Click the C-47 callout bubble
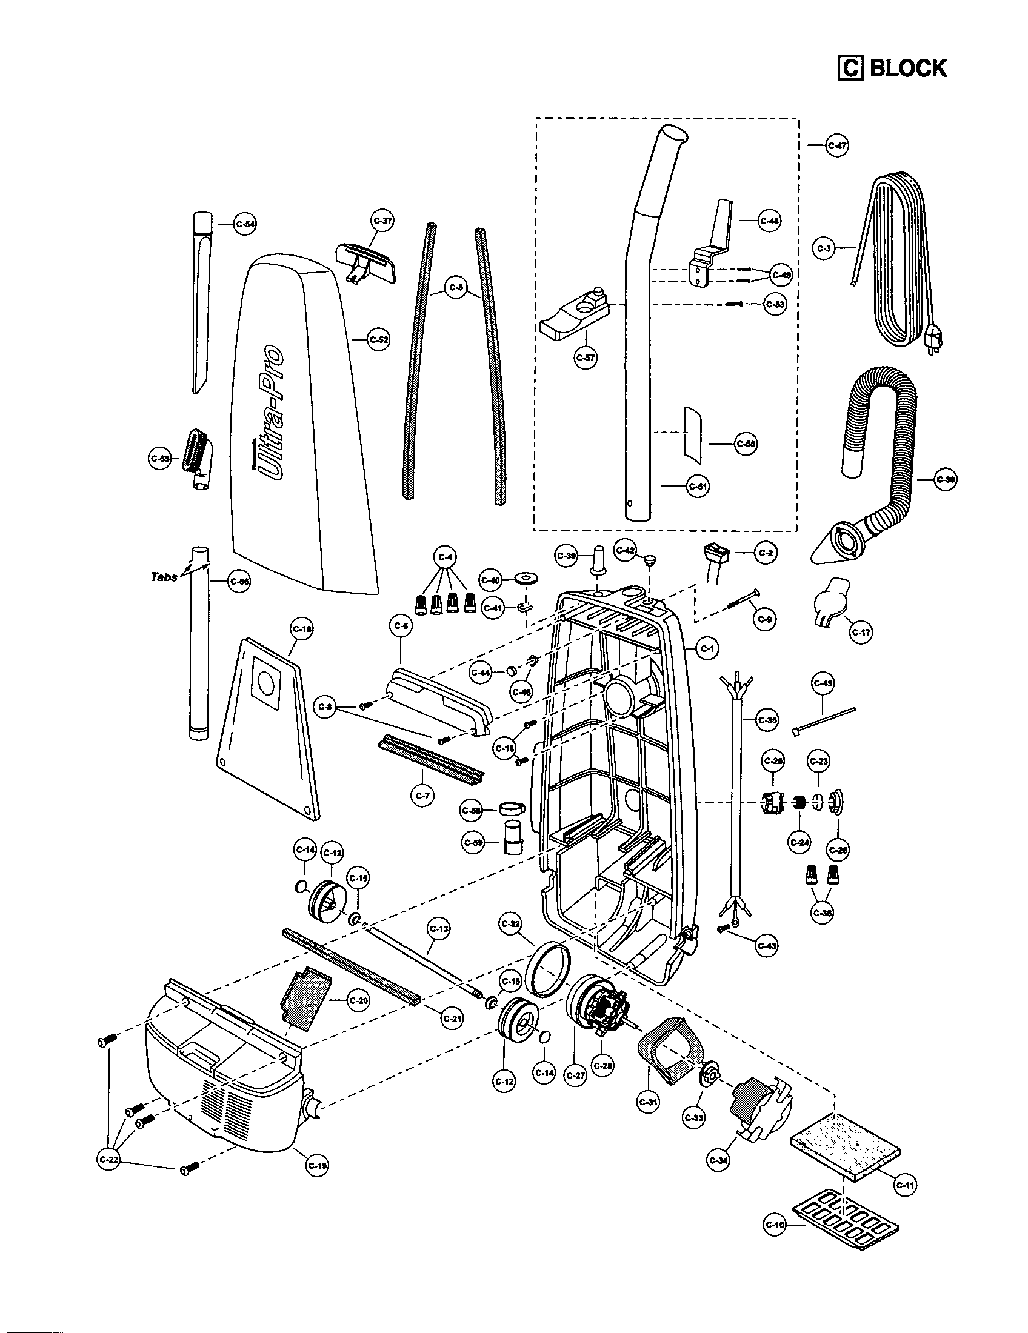[837, 146]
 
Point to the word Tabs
[164, 576]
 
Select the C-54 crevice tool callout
[245, 224]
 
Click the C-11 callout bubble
[906, 1185]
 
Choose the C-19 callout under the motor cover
[317, 1165]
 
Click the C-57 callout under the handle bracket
[586, 357]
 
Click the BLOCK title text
[907, 68]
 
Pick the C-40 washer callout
[492, 580]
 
